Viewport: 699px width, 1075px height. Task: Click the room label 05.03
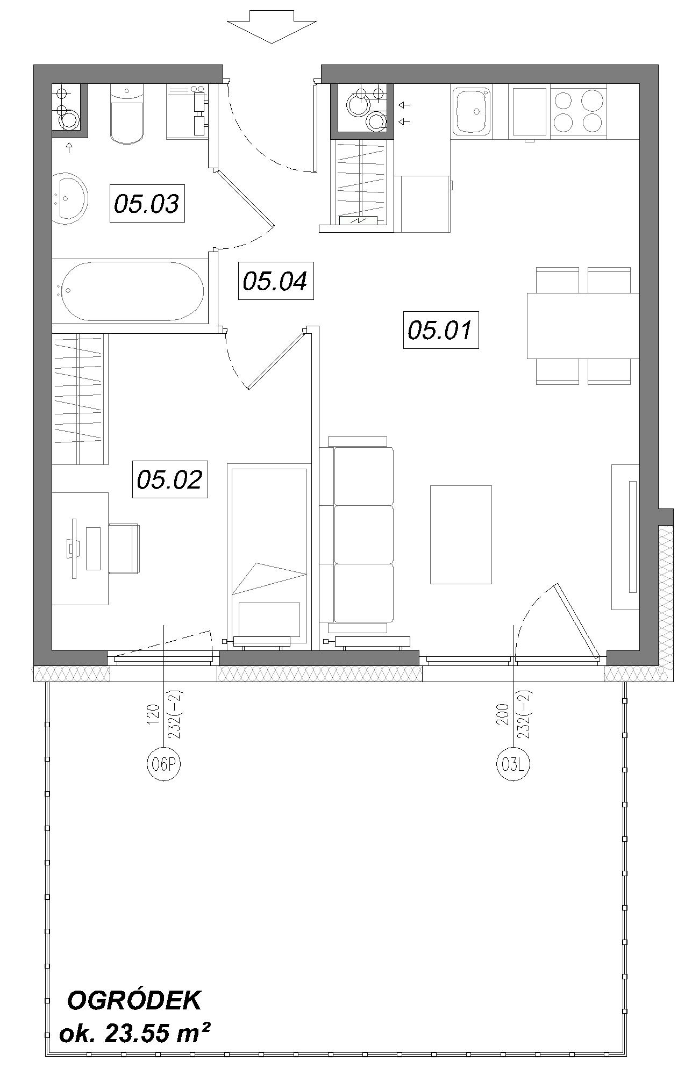147,203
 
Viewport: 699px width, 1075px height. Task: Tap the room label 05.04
276,281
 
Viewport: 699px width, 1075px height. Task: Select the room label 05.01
441,329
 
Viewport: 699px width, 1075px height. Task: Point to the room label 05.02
170,479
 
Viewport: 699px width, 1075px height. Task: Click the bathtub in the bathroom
132,292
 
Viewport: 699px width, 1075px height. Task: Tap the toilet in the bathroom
127,113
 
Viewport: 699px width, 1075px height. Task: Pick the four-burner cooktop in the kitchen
577,112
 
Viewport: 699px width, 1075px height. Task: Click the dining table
583,326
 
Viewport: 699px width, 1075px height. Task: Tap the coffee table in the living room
461,534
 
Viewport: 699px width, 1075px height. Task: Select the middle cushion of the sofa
364,534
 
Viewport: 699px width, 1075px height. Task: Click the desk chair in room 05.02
124,549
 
